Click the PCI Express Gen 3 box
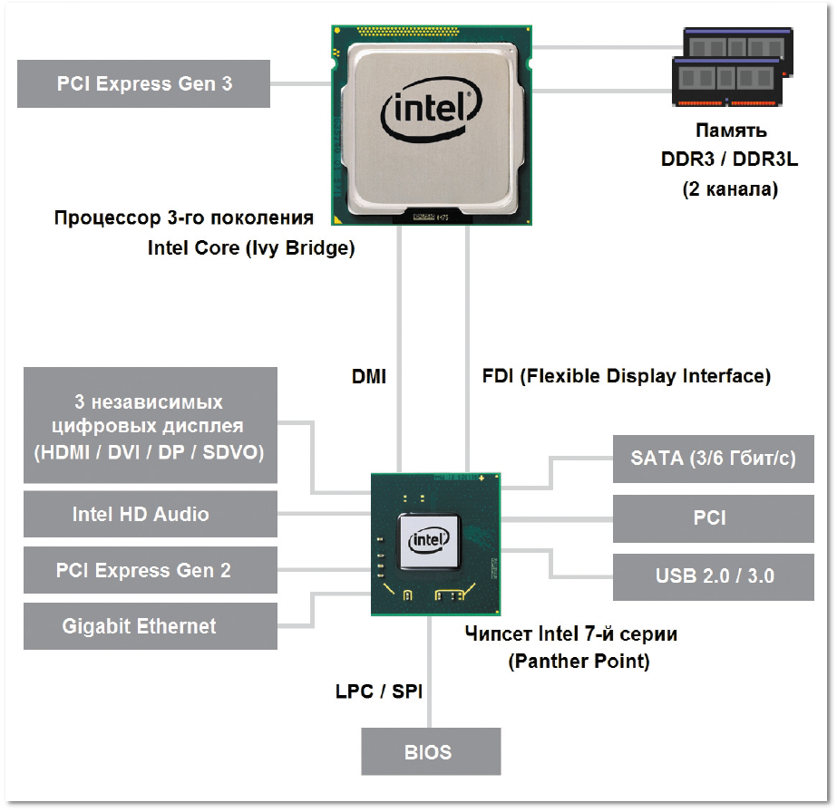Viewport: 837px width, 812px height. (x=143, y=83)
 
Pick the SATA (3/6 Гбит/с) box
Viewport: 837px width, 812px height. (x=713, y=458)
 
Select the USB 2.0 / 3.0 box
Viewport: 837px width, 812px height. (x=713, y=575)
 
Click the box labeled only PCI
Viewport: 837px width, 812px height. (x=713, y=517)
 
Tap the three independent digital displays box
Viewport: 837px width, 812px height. (x=150, y=426)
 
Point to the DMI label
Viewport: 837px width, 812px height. (x=368, y=376)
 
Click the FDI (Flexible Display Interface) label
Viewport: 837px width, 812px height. (x=626, y=376)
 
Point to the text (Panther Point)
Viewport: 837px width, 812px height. (x=578, y=661)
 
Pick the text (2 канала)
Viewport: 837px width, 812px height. (x=729, y=189)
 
